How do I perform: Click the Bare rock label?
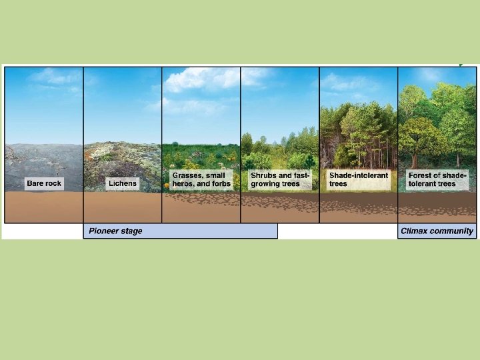click(44, 183)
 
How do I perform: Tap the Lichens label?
click(123, 183)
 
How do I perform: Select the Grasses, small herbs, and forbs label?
click(201, 179)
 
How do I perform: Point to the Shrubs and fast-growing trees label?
click(280, 179)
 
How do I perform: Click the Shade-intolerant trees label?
click(358, 179)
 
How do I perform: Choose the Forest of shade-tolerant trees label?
click(437, 179)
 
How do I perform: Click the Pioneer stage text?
click(115, 231)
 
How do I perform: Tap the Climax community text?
click(437, 231)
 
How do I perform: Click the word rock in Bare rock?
click(53, 183)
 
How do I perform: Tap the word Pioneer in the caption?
click(103, 231)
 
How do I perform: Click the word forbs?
click(221, 184)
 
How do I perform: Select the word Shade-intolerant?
click(358, 175)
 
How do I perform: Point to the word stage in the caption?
click(131, 231)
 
